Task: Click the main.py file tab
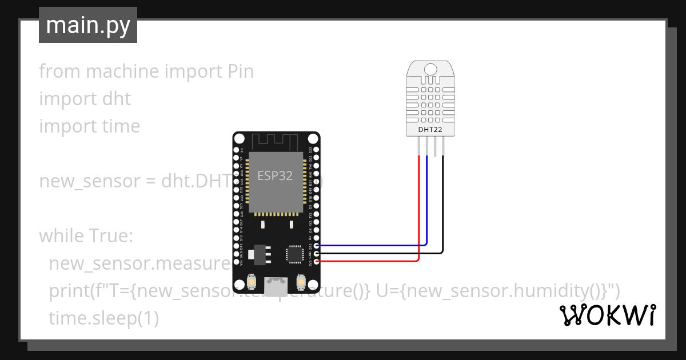87,25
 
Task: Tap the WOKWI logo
607,315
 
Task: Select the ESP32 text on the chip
275,175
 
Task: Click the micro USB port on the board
276,282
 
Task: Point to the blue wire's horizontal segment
372,245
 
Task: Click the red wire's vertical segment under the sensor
420,206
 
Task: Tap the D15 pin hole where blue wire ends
317,245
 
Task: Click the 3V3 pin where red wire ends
317,261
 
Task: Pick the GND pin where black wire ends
317,253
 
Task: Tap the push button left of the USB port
251,282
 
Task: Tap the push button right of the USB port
301,282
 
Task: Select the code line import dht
85,99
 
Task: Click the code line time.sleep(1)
103,318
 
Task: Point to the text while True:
86,236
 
